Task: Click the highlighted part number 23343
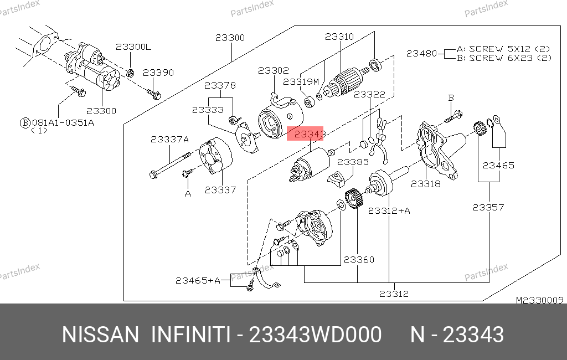(305, 134)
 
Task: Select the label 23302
(273, 70)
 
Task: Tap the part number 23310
(339, 37)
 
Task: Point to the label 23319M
(301, 81)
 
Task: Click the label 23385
(353, 162)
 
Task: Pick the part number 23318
(425, 183)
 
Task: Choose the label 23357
(488, 207)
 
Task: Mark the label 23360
(359, 259)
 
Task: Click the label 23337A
(169, 139)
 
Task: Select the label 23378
(220, 85)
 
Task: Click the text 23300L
(133, 47)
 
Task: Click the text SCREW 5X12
(493, 48)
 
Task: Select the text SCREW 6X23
(493, 57)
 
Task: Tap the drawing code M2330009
(539, 300)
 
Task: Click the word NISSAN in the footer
(100, 335)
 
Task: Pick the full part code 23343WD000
(316, 335)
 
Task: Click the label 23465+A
(198, 281)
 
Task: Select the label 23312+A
(389, 210)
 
